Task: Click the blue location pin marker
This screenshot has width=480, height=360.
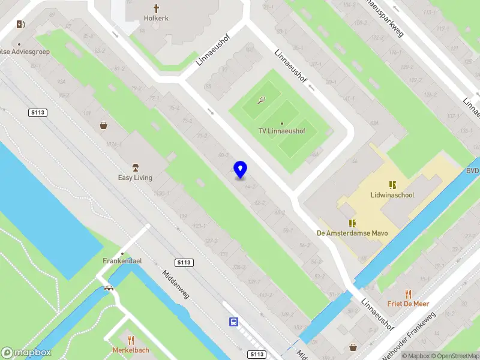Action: [241, 170]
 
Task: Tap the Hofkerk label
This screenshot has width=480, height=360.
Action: [156, 18]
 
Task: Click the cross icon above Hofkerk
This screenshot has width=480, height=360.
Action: [156, 8]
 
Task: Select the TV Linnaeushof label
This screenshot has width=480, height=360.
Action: [282, 131]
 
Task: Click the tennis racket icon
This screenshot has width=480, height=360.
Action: [261, 100]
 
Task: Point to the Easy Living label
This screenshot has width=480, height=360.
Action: [135, 178]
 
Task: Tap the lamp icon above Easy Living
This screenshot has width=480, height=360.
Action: [135, 167]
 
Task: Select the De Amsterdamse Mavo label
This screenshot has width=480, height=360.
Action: [352, 233]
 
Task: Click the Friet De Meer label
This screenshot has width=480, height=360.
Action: [408, 304]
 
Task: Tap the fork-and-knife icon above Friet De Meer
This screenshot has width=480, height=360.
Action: [409, 294]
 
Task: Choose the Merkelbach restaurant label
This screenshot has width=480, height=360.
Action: [130, 350]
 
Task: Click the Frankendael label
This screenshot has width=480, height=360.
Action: [122, 261]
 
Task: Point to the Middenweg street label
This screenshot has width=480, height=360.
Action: [176, 284]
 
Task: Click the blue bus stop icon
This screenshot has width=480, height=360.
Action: [233, 322]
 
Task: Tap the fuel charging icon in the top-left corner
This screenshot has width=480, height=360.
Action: [22, 24]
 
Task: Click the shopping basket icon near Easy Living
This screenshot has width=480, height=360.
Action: [104, 125]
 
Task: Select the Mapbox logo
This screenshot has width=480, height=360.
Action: [26, 353]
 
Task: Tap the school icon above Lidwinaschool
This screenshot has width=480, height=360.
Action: [392, 185]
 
